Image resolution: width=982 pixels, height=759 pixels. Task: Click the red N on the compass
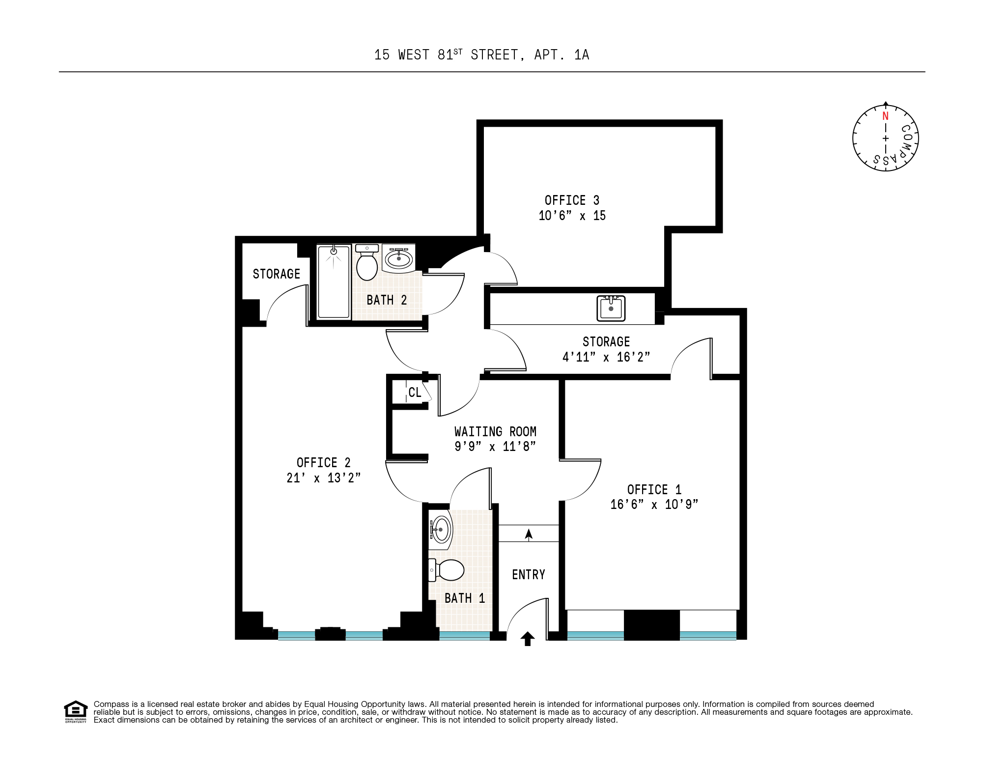(x=885, y=116)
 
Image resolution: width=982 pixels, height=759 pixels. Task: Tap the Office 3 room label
(x=572, y=200)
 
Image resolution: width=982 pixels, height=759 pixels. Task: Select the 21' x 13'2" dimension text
(x=323, y=478)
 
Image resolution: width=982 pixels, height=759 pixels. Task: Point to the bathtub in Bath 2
(x=334, y=282)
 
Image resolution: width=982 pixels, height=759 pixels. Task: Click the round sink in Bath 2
(x=398, y=258)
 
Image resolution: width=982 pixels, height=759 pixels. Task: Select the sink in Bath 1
(x=441, y=530)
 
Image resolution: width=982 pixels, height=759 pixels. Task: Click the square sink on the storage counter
(x=611, y=309)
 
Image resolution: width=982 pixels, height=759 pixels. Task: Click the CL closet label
(x=415, y=393)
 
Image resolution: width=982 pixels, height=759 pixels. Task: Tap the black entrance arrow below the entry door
(x=528, y=639)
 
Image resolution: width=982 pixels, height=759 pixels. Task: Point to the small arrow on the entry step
(x=529, y=534)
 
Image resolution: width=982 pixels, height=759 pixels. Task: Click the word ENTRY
(x=529, y=575)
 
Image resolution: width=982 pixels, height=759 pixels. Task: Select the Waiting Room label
(x=495, y=432)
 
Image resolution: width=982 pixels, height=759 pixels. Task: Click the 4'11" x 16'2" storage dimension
(x=606, y=357)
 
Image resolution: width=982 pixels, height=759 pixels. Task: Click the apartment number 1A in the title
(x=582, y=55)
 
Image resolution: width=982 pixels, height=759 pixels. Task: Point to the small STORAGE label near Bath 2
(x=276, y=274)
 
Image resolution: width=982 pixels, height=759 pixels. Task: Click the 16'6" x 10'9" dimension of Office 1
(x=654, y=505)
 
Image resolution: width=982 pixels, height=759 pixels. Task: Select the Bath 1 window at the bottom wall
(x=464, y=635)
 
